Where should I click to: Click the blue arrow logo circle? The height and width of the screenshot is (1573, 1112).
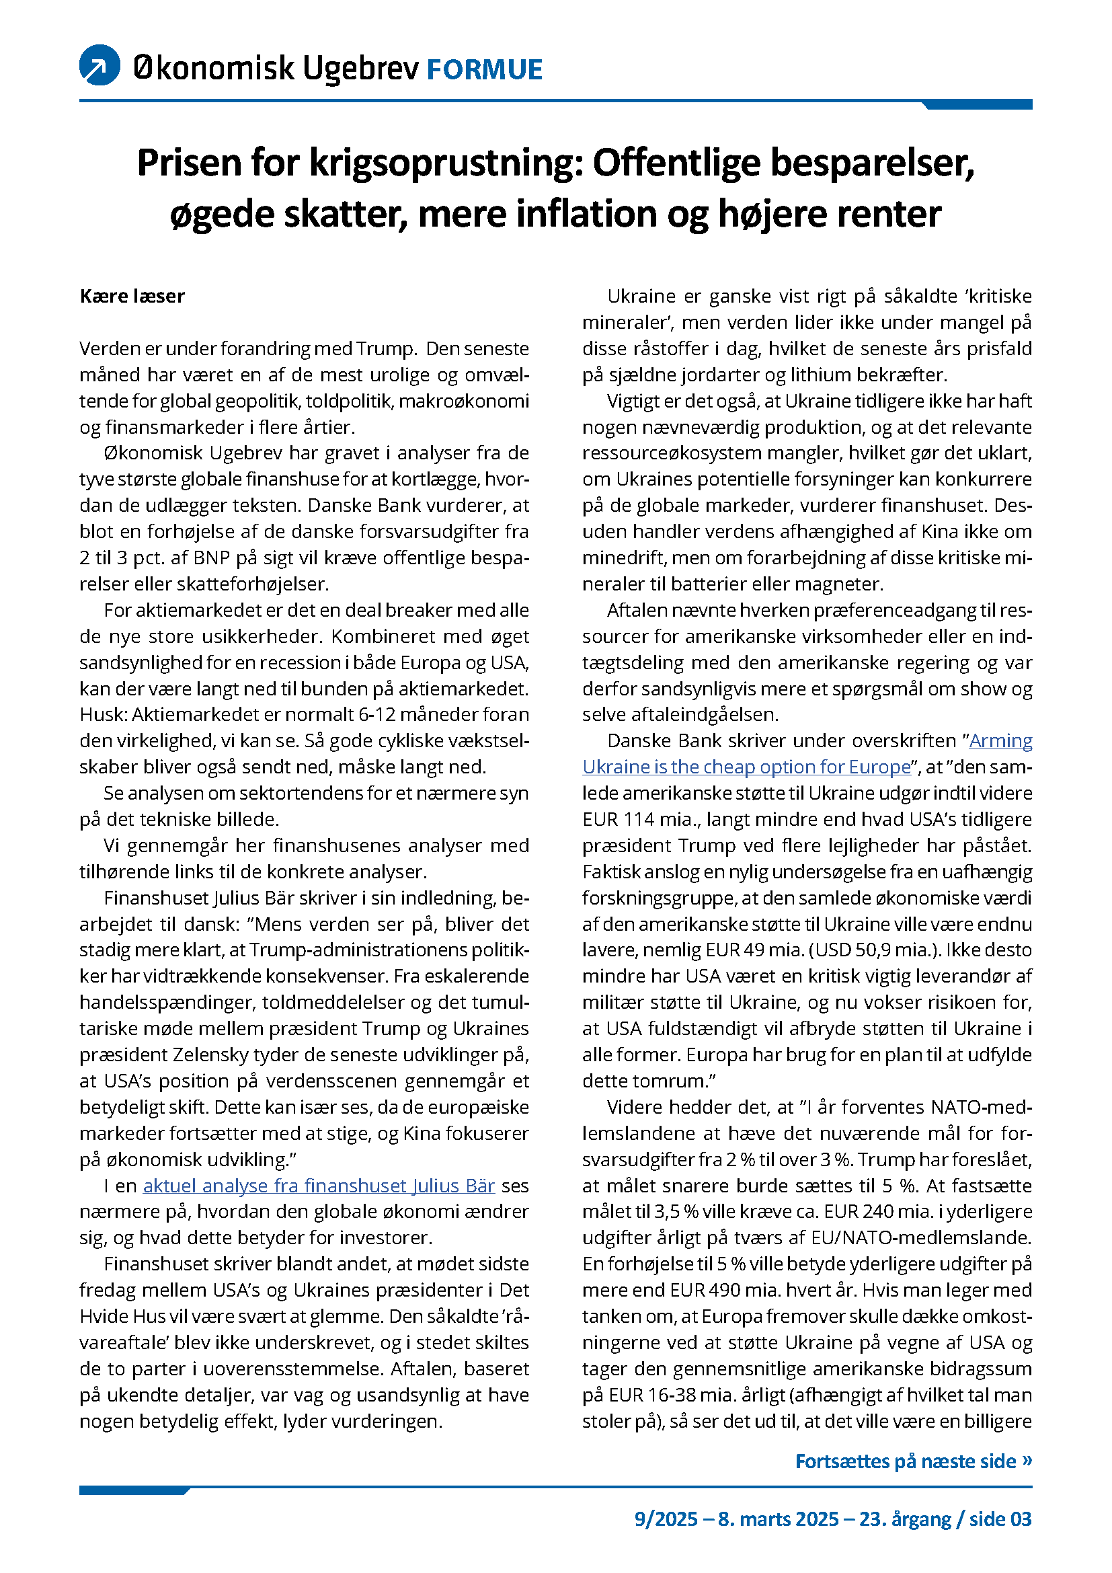(x=100, y=65)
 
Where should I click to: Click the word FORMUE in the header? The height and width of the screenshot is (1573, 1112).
(x=484, y=70)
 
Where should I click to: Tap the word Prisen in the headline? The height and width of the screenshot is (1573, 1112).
(x=188, y=163)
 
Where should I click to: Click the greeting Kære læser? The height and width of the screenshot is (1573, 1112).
(x=132, y=296)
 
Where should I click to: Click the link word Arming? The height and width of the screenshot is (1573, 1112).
(x=1000, y=740)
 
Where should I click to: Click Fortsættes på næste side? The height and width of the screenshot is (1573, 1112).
(x=913, y=1461)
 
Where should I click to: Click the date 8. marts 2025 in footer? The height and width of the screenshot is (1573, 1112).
(x=779, y=1519)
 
